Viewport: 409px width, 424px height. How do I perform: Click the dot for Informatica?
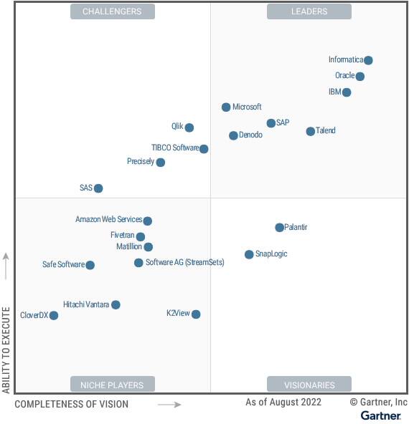pos(368,60)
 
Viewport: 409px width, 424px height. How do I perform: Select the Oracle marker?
pos(359,77)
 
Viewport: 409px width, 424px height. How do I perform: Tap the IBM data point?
pos(347,92)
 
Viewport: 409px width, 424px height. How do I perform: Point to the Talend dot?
pos(310,131)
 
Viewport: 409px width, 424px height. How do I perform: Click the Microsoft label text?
pos(247,107)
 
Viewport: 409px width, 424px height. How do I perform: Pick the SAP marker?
pos(271,123)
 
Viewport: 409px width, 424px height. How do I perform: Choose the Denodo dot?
pos(233,135)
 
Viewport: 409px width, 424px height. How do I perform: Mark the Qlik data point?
pos(189,127)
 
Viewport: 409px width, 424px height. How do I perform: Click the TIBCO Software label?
pos(175,148)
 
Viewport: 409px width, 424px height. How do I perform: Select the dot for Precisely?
pos(160,163)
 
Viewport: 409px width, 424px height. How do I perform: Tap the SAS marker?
pos(98,188)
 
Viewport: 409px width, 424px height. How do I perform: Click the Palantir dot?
pos(279,227)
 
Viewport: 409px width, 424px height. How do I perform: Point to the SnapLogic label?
pos(271,254)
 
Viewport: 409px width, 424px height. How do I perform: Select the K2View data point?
pos(196,314)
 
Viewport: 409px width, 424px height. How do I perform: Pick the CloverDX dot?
pos(53,315)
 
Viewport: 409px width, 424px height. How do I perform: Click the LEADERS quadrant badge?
pos(309,11)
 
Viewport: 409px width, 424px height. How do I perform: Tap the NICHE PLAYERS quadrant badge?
pos(112,385)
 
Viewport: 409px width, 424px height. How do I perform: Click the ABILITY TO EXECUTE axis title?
pos(6,350)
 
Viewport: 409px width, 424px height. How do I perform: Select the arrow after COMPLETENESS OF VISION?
pos(169,405)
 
